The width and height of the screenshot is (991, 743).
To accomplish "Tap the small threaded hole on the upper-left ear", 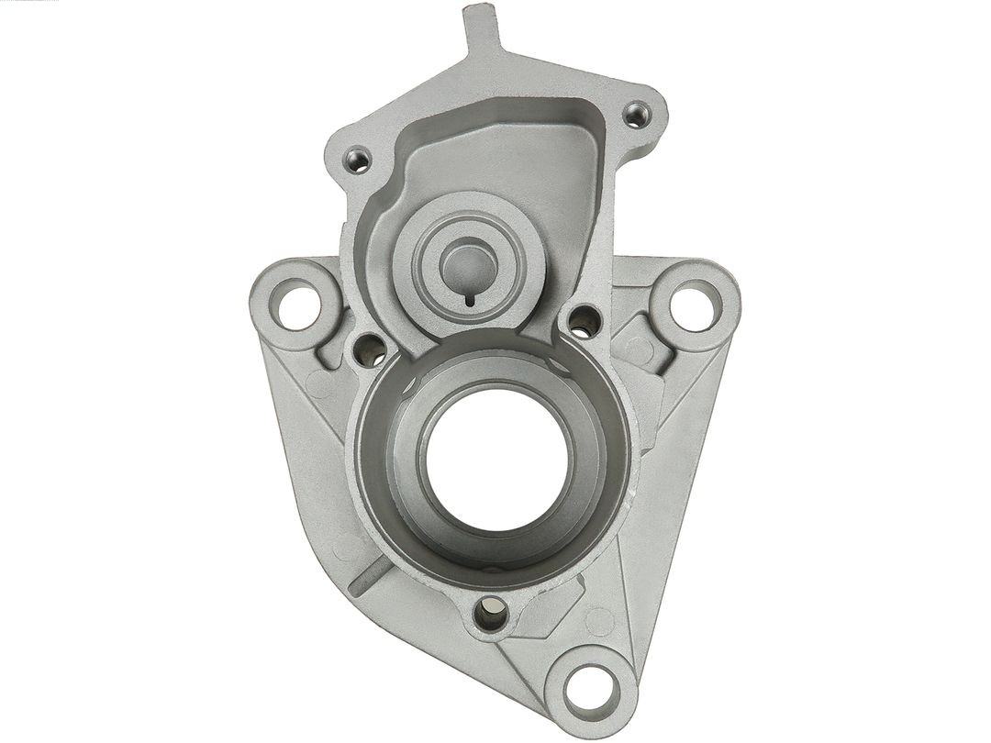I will coord(359,161).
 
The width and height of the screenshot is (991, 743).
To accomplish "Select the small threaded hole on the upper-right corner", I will coord(636,115).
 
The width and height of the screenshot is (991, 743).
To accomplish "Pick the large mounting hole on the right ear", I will coord(695,305).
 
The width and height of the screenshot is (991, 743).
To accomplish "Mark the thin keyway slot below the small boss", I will coord(469,297).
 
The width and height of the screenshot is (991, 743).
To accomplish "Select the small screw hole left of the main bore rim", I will coord(369,349).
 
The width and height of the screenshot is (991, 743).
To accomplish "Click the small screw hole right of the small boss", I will coord(584,319).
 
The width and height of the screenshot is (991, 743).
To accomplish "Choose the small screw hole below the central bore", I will coord(491,613).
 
